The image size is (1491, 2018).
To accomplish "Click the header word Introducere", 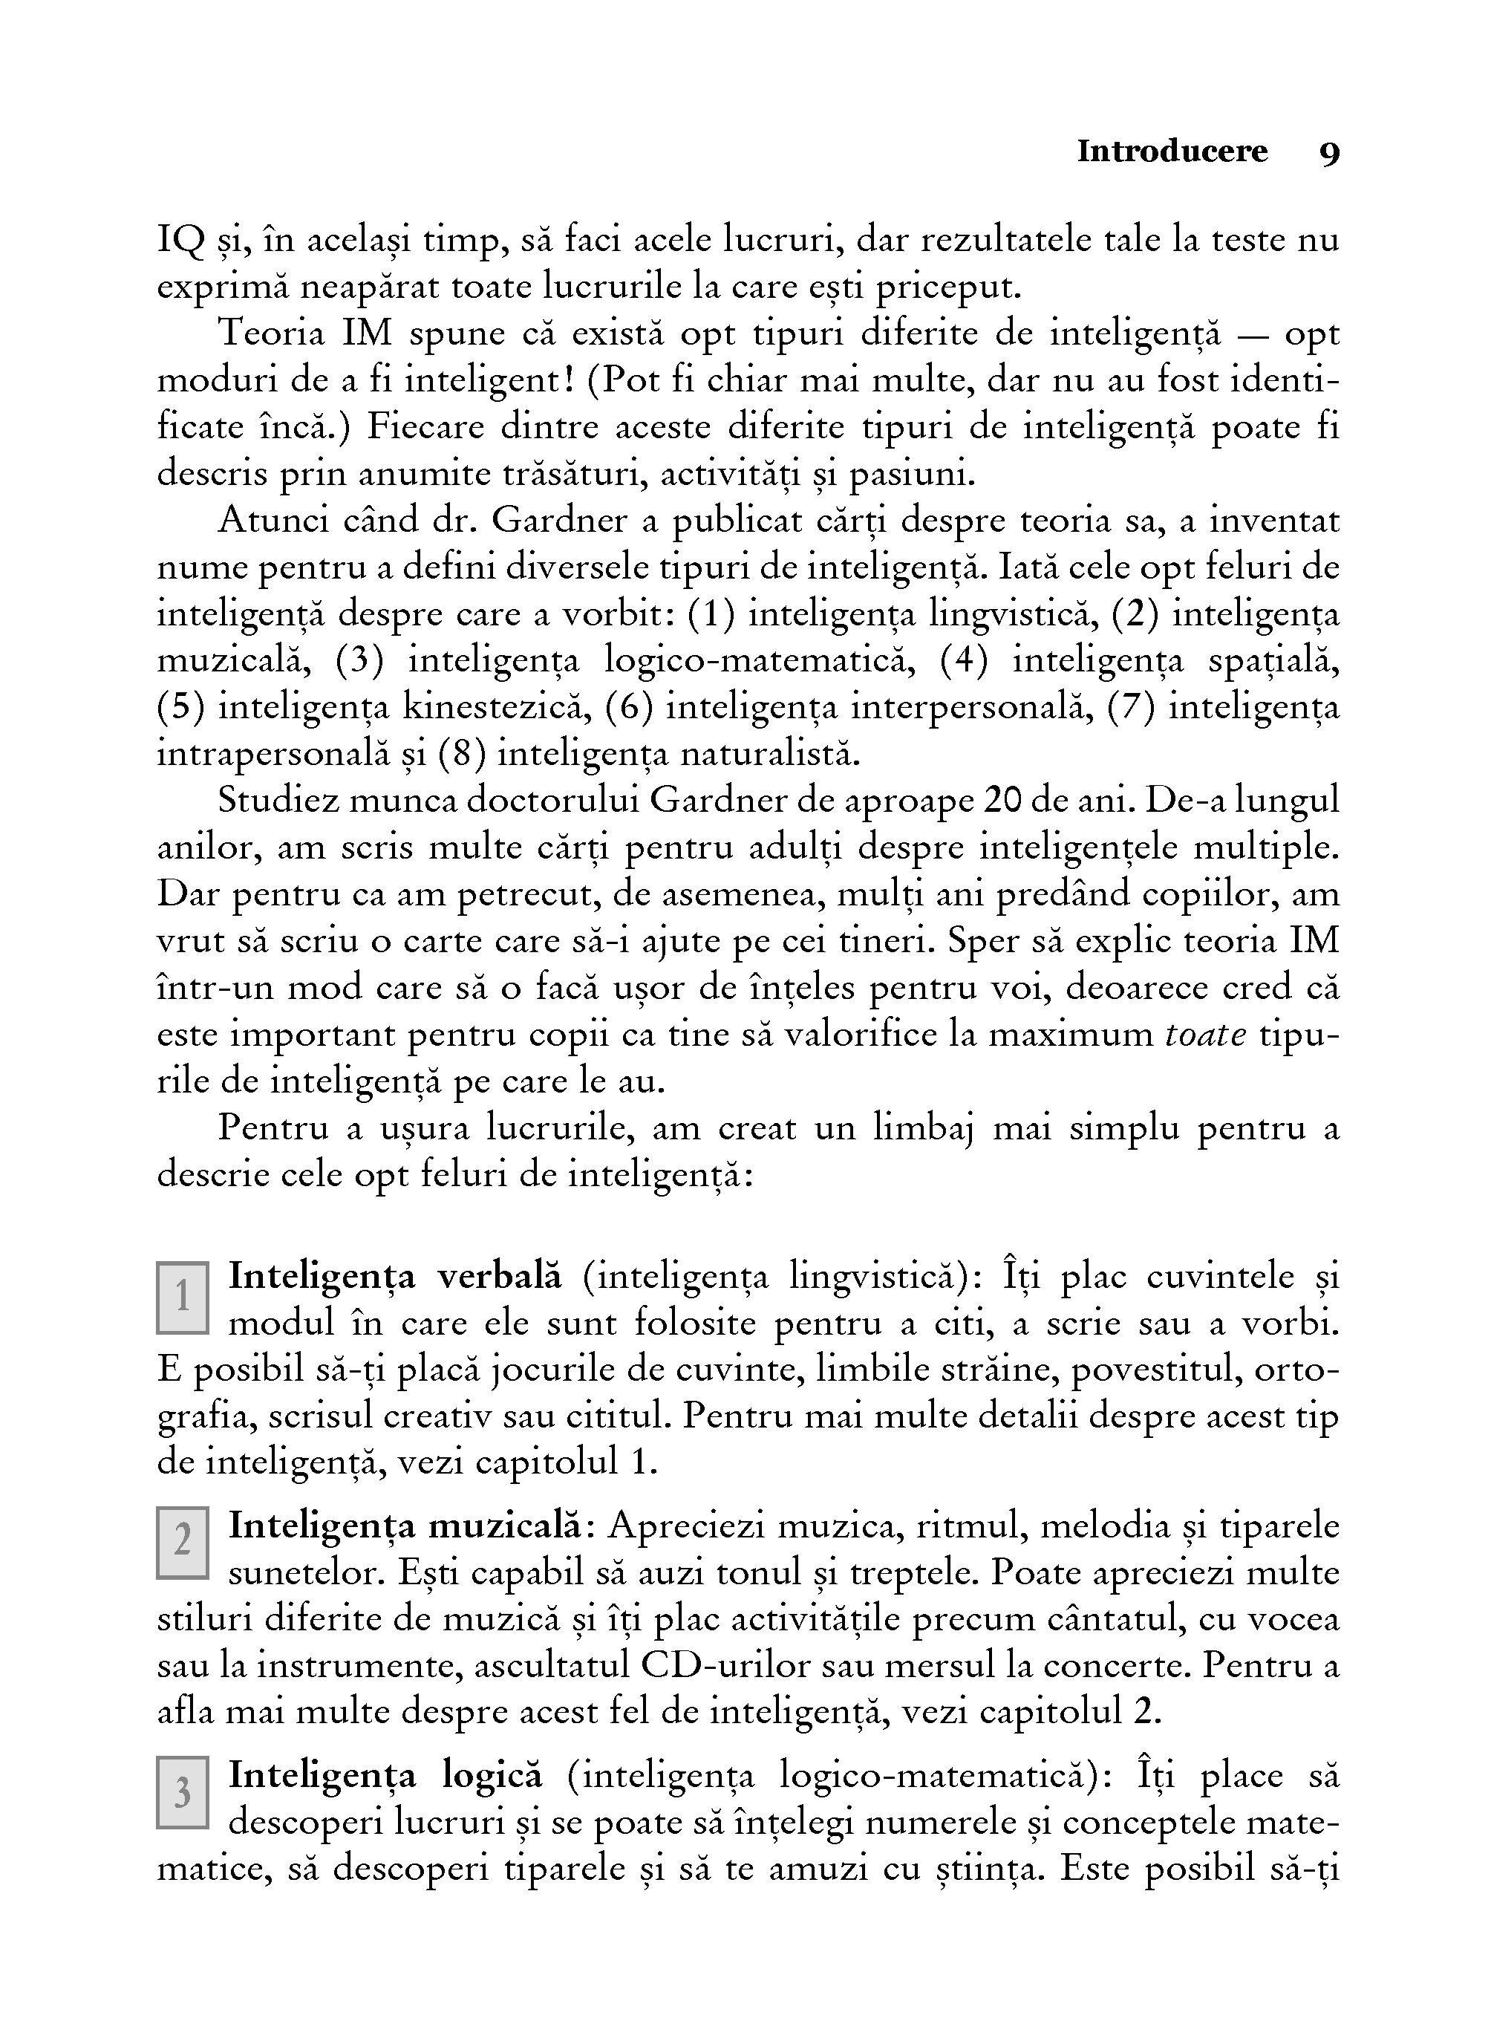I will (x=1172, y=152).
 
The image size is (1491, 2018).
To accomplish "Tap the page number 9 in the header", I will (x=1328, y=154).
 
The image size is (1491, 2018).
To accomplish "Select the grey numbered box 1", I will (x=183, y=1298).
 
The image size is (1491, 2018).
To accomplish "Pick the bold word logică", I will (x=493, y=1775).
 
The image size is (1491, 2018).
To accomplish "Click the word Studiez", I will (x=278, y=801).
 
